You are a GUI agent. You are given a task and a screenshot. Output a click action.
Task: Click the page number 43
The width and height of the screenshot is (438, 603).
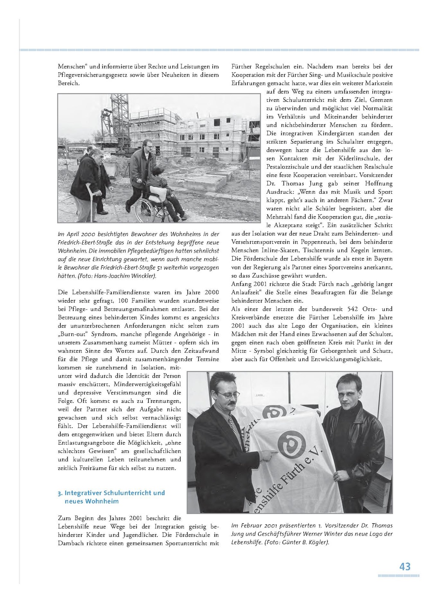[x=405, y=566]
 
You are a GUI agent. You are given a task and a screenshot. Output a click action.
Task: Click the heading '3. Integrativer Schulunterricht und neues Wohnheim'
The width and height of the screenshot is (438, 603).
[x=111, y=497]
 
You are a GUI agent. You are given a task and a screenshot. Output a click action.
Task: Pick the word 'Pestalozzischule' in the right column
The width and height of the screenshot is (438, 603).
[x=288, y=167]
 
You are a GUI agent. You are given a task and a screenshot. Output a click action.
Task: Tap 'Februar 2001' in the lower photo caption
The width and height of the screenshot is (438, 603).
[x=257, y=526]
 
